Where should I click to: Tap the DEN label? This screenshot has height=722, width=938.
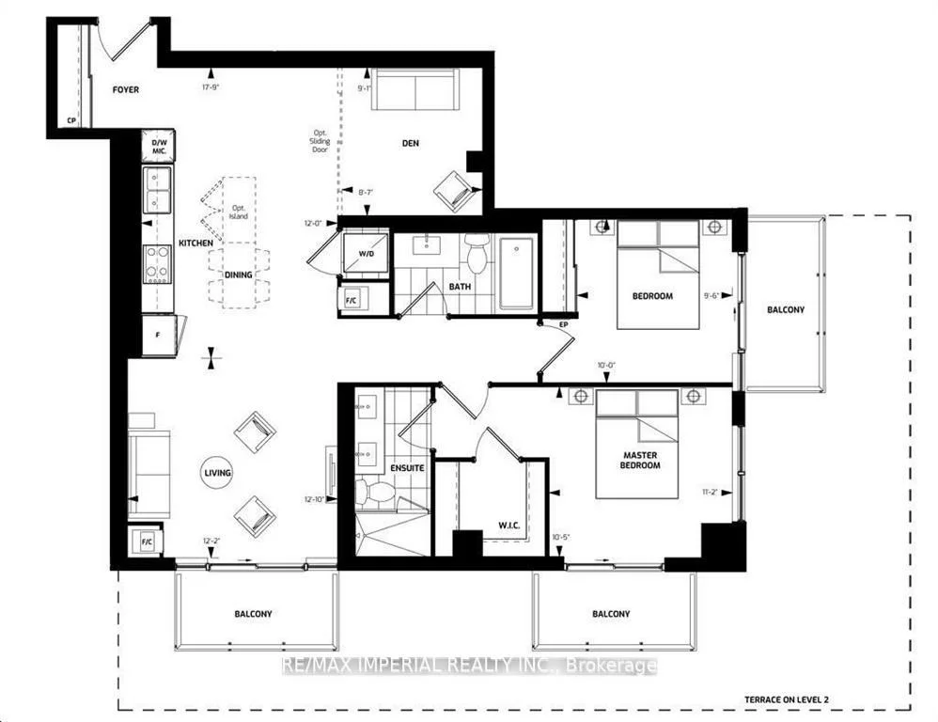tap(410, 144)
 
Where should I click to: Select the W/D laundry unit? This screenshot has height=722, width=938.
tap(361, 253)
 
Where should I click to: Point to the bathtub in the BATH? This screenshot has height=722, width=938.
tap(516, 272)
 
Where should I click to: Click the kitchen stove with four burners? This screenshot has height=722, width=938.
tap(156, 264)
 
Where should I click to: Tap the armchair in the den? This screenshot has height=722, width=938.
tap(454, 191)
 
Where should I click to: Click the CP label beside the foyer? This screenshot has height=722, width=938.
tap(70, 120)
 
